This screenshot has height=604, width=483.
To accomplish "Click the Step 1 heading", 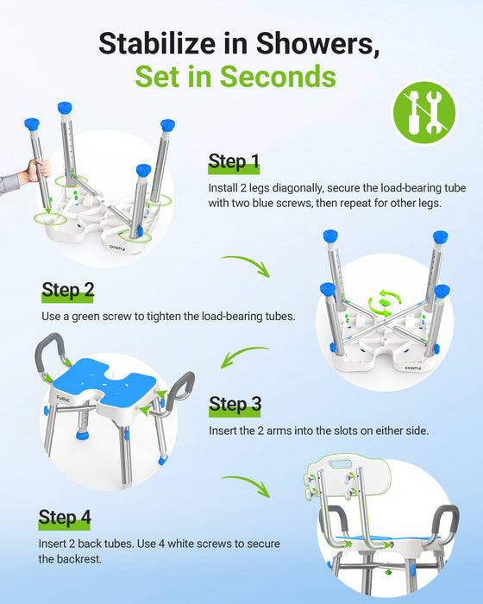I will click(x=234, y=162).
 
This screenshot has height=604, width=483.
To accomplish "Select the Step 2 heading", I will click(x=67, y=291).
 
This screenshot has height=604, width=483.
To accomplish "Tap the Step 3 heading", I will click(x=235, y=404).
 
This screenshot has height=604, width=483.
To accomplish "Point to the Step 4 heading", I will click(x=65, y=519).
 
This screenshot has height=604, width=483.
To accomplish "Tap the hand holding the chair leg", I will click(x=34, y=169).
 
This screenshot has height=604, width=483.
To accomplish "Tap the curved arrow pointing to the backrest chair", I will click(x=248, y=483).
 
